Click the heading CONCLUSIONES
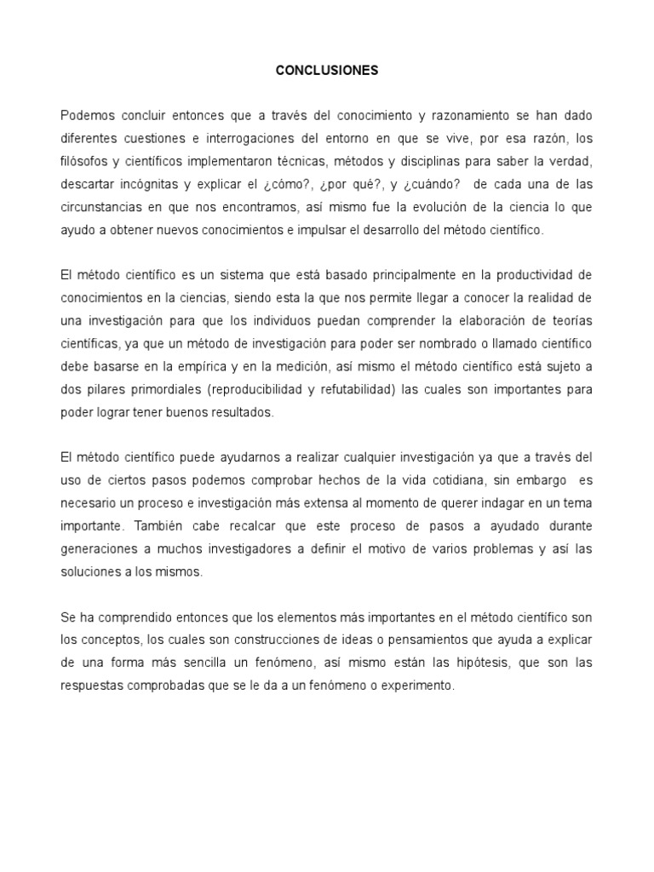click(327, 72)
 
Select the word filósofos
click(89, 161)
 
